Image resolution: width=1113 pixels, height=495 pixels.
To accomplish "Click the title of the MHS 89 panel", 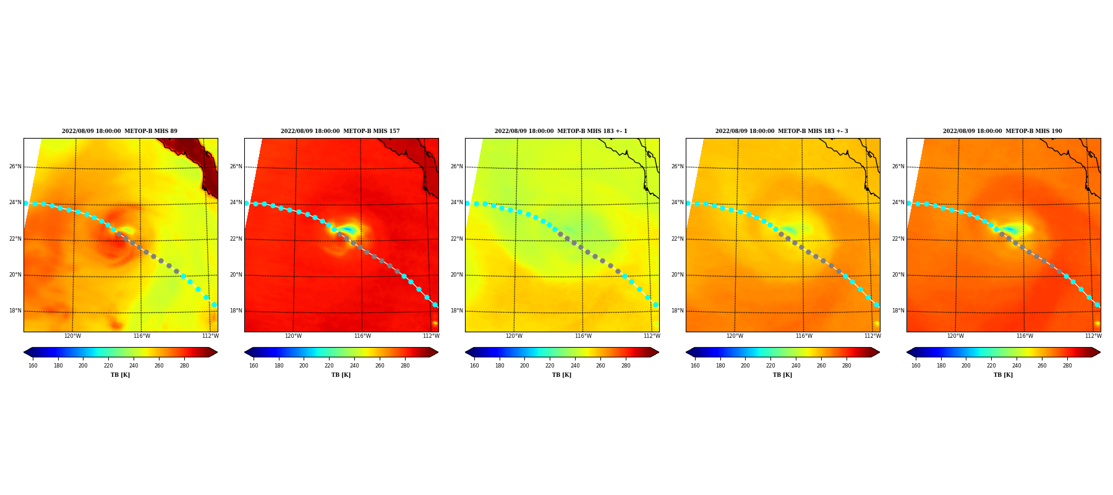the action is pos(119,131).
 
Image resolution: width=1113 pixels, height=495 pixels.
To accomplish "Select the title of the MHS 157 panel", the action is pos(340,131).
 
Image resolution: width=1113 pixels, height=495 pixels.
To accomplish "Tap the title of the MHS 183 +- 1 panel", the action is pos(561,131).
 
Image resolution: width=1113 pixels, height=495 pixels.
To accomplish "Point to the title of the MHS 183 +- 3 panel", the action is pos(782,131).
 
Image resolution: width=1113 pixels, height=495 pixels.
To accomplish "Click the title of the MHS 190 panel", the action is pos(1002,131).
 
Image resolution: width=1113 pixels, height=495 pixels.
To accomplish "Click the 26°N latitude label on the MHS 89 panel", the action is pos(15,166).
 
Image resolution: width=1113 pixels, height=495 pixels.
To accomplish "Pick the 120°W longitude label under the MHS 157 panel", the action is pos(293,336).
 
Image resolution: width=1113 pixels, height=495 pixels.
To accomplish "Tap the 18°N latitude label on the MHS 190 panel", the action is pos(898,311).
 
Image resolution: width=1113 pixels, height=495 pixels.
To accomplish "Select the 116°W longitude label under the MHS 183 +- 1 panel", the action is pos(583,336).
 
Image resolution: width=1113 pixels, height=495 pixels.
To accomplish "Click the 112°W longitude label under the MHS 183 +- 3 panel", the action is pos(872,336).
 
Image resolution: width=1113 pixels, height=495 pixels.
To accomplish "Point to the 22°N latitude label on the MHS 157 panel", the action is pos(236,239).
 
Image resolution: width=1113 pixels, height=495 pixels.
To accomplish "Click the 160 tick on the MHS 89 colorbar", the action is pos(33,366).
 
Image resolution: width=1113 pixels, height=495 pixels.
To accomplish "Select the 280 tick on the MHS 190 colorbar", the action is pos(1067,366).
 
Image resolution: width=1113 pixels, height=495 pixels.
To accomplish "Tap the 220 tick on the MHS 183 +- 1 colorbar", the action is pos(550,366).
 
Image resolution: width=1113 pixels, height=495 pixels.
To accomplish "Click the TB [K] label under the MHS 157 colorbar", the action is pos(341,375).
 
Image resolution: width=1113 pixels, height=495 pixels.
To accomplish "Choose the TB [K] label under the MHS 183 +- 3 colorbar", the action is pos(782,375).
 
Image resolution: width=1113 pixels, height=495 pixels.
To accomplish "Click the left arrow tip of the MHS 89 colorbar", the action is pos(23,352).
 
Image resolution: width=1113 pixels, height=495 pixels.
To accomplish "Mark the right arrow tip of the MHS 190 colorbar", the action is pos(1101,352).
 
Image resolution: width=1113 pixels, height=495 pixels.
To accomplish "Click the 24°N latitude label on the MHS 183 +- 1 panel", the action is pos(456,202).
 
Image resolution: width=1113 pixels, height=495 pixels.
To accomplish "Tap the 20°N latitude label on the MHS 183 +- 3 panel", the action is pos(677,275).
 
